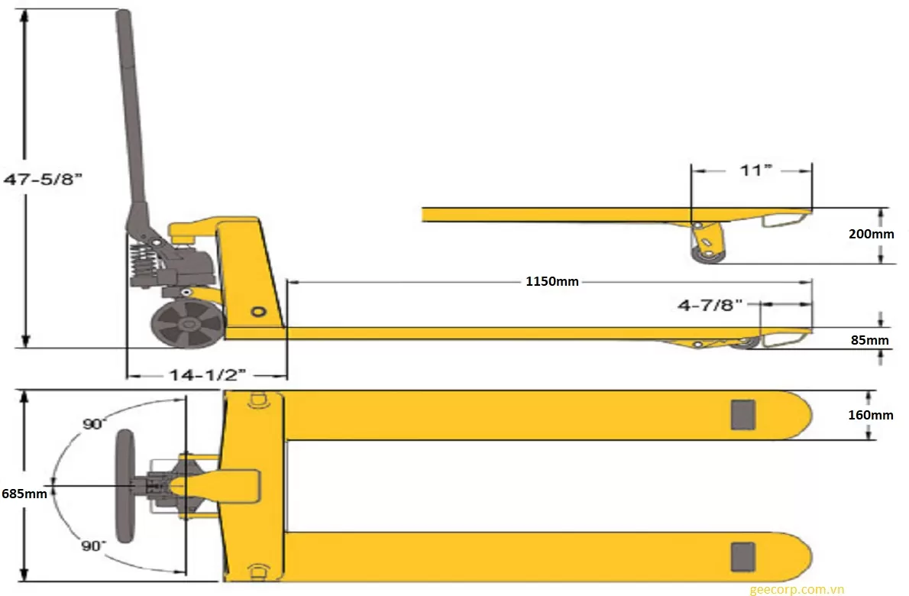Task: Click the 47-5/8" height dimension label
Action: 43,180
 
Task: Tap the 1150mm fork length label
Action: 552,281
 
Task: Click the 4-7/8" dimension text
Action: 710,305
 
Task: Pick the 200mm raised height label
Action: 871,234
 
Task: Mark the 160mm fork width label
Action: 870,415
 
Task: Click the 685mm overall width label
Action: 24,494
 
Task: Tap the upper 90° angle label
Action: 95,424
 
